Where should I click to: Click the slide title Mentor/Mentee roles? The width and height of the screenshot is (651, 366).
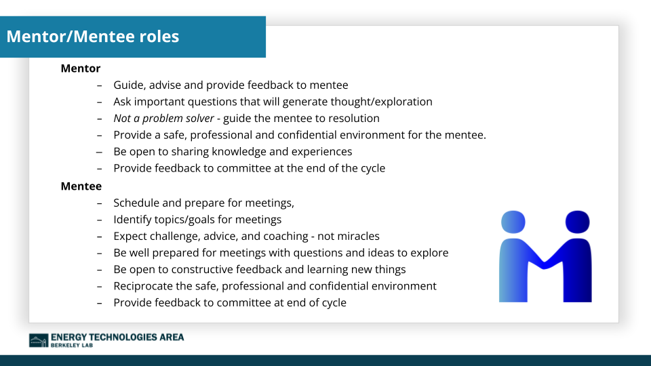pyautogui.click(x=93, y=37)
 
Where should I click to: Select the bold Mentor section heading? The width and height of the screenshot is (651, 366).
pyautogui.click(x=80, y=68)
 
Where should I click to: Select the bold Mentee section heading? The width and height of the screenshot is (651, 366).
pyautogui.click(x=81, y=186)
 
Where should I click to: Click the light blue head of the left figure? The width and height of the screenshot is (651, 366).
pyautogui.click(x=513, y=221)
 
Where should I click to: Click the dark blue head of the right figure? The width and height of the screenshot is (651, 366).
pyautogui.click(x=577, y=221)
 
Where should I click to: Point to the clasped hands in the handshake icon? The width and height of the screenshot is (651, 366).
pyautogui.click(x=546, y=262)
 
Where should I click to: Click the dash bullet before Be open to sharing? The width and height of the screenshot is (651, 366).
pyautogui.click(x=99, y=152)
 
